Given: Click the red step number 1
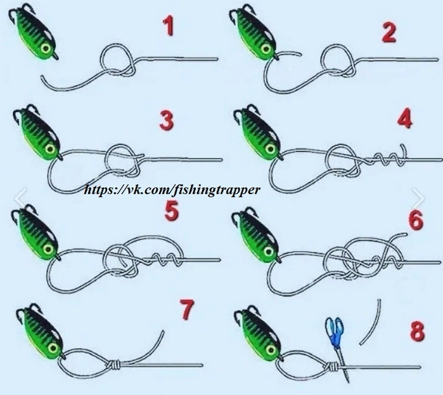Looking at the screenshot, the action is point(169,25).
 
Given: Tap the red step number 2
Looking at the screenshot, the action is point(388,32).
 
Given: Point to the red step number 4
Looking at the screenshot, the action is point(404,119).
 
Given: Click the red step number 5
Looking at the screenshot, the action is point(172,210).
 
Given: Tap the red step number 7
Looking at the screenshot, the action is point(187,309).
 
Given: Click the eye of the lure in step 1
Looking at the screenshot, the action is point(46,49).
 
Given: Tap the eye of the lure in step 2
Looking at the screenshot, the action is point(266,49).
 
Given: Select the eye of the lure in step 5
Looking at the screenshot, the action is point(48,249).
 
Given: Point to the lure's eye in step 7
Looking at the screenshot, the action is point(53,348).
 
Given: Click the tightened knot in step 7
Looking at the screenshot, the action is point(114,365).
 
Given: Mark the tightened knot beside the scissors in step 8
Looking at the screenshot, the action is point(331,366).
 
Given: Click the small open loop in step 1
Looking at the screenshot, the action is point(101,60).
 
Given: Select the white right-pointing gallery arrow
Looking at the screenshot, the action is point(418,197).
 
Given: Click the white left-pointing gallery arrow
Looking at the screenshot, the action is point(22,197).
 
